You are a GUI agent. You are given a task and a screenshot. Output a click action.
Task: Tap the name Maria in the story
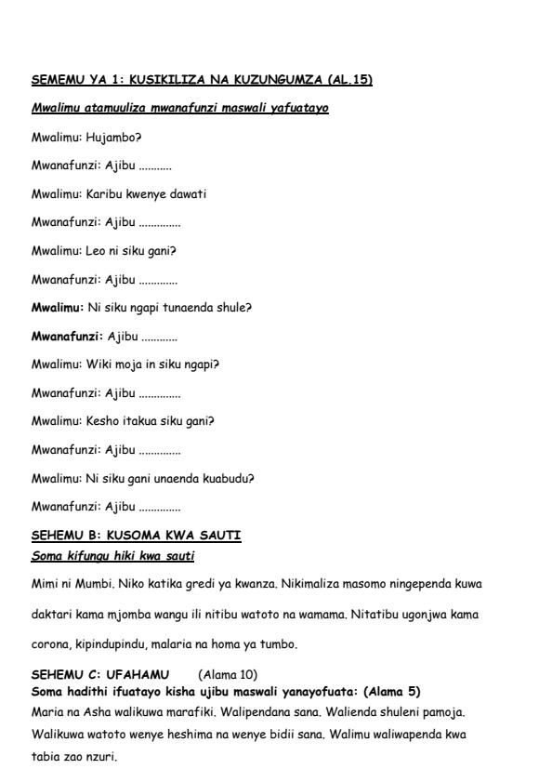click(x=46, y=705)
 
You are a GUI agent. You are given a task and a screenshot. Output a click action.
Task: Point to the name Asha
click(x=102, y=705)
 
